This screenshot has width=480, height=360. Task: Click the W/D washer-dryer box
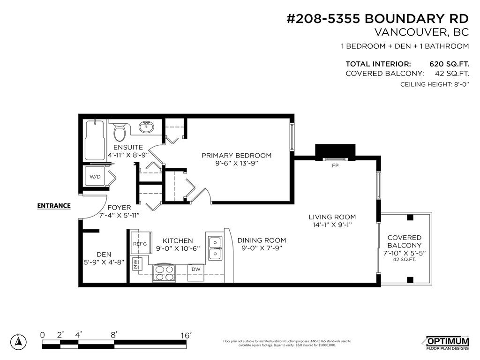(x=95, y=177)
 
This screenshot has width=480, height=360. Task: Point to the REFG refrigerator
(x=140, y=243)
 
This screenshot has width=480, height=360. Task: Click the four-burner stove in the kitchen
(x=164, y=273)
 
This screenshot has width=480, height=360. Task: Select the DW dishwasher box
(x=195, y=269)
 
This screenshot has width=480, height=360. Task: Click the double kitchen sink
(x=215, y=248)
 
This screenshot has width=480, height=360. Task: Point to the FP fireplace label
(x=335, y=166)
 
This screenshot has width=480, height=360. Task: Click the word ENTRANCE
(x=54, y=205)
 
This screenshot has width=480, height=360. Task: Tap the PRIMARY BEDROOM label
(x=236, y=156)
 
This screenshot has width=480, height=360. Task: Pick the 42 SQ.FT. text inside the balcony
(x=404, y=259)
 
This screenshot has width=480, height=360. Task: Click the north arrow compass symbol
(x=18, y=341)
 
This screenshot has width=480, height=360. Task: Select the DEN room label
(x=104, y=254)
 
